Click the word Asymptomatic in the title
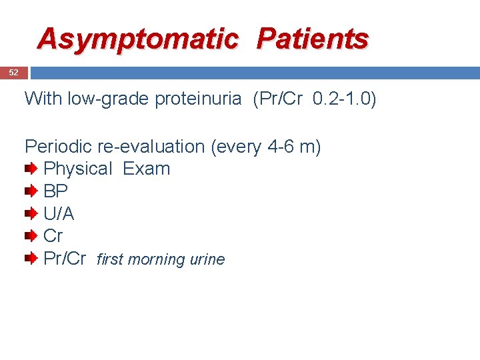coord(137,39)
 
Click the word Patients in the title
coord(313,39)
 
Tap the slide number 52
coord(13,73)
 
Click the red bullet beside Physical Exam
coord(31,169)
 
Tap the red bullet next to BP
coord(31,192)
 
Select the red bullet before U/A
coord(31,214)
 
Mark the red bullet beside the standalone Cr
coord(31,236)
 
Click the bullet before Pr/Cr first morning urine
coord(31,259)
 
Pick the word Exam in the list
coord(147,169)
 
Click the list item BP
coord(55,192)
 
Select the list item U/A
coord(59,214)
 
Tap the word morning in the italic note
coord(159,260)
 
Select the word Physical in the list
coord(78,169)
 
